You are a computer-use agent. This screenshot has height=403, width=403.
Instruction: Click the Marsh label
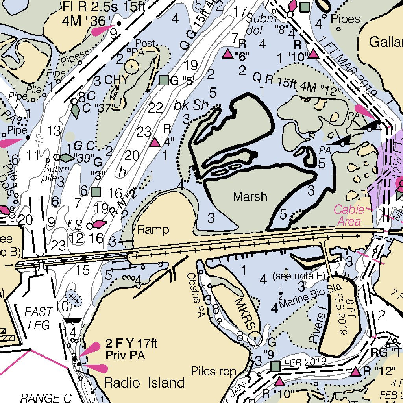250,196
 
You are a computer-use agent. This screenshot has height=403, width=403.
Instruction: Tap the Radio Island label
144,382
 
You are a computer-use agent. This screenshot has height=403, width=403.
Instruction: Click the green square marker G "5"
164,81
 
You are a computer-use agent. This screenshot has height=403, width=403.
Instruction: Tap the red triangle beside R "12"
356,372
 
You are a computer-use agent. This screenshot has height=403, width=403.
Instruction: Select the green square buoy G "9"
275,366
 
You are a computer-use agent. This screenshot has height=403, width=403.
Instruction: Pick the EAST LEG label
38,318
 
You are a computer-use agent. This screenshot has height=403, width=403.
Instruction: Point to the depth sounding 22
156,107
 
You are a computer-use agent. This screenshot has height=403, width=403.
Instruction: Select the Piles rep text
213,371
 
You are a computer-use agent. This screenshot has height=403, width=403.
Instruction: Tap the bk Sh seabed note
190,106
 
